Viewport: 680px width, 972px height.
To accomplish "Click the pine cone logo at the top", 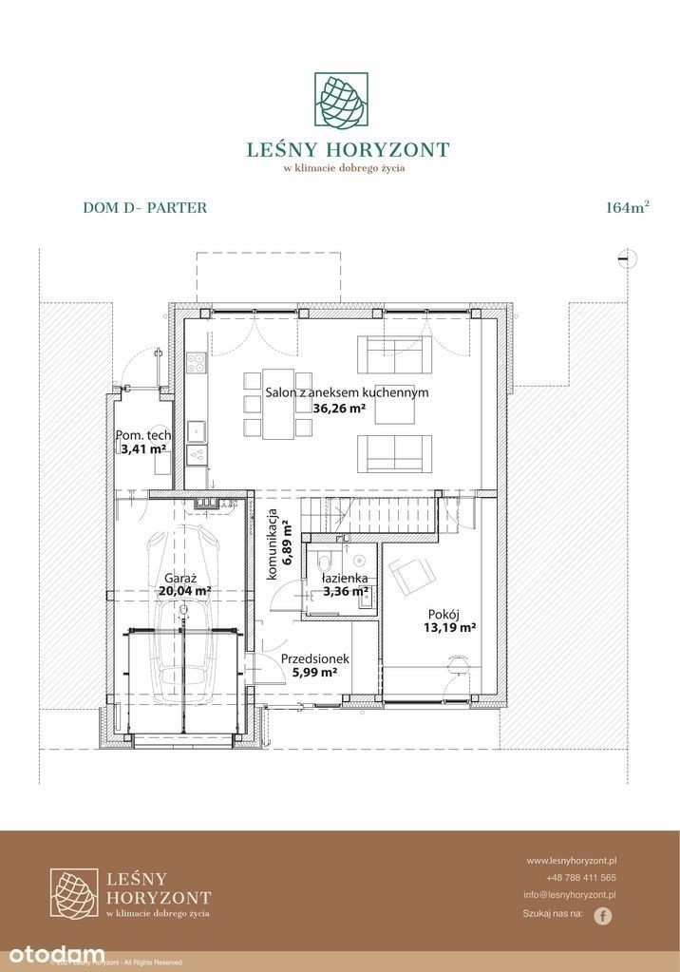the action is click(341, 102).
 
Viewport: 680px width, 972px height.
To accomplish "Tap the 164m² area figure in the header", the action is click(628, 207).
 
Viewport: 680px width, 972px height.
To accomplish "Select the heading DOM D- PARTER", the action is click(145, 208).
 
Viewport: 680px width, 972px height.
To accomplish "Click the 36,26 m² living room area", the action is click(339, 408).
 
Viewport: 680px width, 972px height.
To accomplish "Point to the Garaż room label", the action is click(180, 578).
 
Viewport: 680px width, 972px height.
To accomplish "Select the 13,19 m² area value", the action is click(450, 627).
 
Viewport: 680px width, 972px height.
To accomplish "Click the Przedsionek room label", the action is click(315, 659).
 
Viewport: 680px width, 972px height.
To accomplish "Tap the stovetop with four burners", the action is click(198, 363).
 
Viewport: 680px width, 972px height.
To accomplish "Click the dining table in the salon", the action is click(278, 404).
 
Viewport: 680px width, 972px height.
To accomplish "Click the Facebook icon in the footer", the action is click(602, 916).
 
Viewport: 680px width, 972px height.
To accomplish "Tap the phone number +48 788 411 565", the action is click(581, 878).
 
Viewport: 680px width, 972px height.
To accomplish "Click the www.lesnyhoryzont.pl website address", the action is click(571, 861).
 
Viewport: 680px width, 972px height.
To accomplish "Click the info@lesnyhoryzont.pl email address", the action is click(570, 894).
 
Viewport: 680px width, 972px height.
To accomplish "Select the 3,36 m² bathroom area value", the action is click(346, 591).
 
